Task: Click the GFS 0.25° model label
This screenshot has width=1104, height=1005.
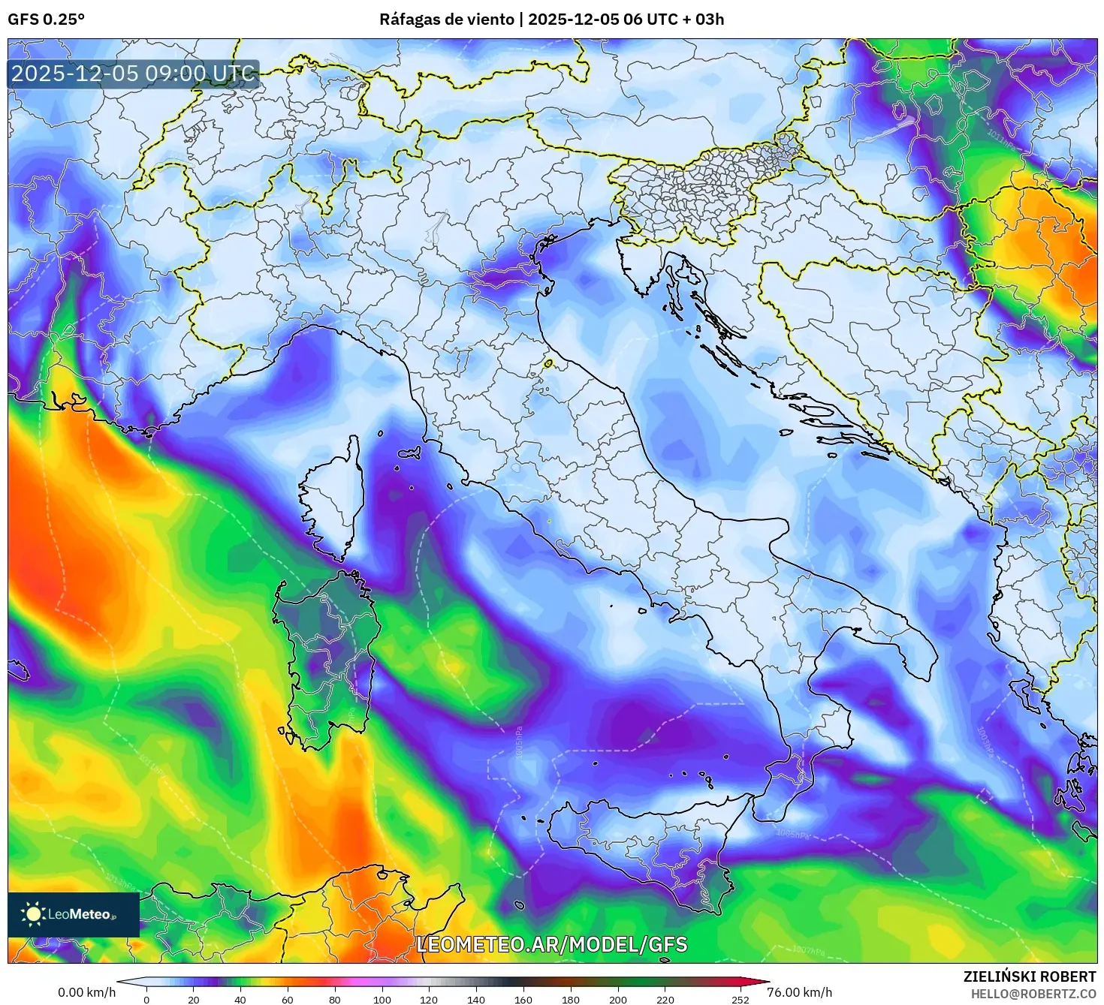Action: [x=46, y=20]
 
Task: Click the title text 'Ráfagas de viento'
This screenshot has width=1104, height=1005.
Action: [x=446, y=20]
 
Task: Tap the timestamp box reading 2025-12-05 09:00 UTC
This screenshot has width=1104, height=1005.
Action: [x=133, y=74]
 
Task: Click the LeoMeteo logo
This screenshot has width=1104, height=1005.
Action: [x=73, y=914]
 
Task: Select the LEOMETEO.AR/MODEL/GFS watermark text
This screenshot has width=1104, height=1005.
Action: [x=551, y=944]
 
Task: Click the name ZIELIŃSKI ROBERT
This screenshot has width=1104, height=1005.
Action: [x=1029, y=976]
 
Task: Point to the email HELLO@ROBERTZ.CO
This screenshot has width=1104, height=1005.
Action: [x=1033, y=994]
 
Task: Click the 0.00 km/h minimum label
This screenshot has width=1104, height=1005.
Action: [x=86, y=992]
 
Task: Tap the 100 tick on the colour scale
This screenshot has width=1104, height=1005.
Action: [x=382, y=999]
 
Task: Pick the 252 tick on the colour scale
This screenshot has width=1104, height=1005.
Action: [x=741, y=999]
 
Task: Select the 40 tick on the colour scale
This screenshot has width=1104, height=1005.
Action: [x=240, y=999]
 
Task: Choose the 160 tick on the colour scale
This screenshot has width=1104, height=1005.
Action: [x=523, y=999]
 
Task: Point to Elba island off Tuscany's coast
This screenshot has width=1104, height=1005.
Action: [x=410, y=453]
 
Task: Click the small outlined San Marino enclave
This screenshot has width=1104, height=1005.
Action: [x=548, y=363]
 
